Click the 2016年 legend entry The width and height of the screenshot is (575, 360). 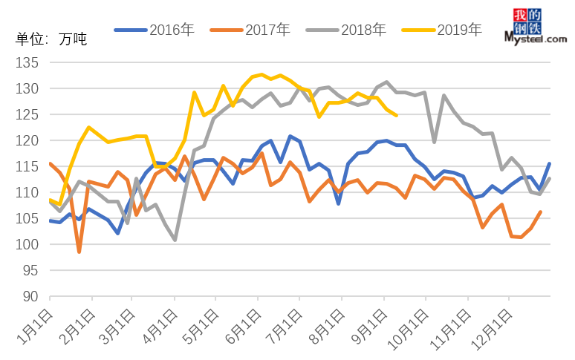155,30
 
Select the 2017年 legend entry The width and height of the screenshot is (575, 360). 250,30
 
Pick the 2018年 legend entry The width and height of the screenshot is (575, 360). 346,30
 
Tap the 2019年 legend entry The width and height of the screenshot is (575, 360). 442,30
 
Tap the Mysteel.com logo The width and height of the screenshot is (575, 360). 535,27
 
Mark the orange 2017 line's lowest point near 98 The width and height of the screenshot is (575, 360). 79,252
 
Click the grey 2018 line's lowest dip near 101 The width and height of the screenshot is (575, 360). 175,240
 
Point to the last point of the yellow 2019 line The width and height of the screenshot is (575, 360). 395,115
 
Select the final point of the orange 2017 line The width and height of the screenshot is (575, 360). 540,212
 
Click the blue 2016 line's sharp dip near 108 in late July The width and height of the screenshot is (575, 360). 339,203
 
